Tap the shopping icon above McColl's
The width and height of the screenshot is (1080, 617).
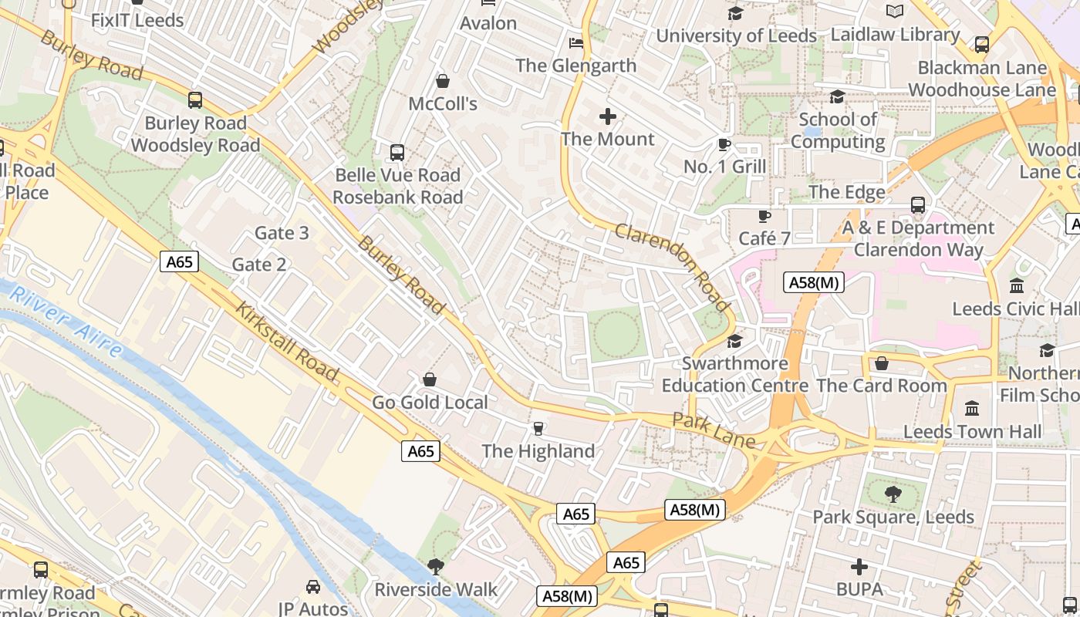pyautogui.click(x=443, y=80)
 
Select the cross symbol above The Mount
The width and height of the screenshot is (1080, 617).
pyautogui.click(x=608, y=116)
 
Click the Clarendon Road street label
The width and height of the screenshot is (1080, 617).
pyautogui.click(x=673, y=267)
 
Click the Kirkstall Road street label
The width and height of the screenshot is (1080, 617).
pyautogui.click(x=286, y=342)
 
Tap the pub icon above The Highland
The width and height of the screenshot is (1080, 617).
pyautogui.click(x=538, y=429)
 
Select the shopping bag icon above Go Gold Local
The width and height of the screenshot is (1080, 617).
pyautogui.click(x=430, y=379)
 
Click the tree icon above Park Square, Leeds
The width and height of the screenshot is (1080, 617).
pyautogui.click(x=893, y=494)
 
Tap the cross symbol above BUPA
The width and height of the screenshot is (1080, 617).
pyautogui.click(x=859, y=568)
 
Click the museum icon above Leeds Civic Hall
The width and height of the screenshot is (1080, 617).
pyautogui.click(x=1017, y=286)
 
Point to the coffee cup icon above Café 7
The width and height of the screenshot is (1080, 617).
pyautogui.click(x=764, y=216)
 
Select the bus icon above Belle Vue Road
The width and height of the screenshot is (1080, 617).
pyautogui.click(x=397, y=152)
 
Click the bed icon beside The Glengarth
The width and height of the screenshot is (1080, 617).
pyautogui.click(x=575, y=42)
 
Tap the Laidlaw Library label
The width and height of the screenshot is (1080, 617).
pyautogui.click(x=895, y=35)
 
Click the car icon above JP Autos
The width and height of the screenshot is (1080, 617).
pyautogui.click(x=312, y=587)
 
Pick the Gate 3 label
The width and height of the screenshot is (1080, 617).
pyautogui.click(x=282, y=233)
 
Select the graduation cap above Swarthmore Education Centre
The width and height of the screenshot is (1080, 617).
pyautogui.click(x=734, y=341)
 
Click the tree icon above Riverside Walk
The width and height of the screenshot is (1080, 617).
pyautogui.click(x=436, y=567)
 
